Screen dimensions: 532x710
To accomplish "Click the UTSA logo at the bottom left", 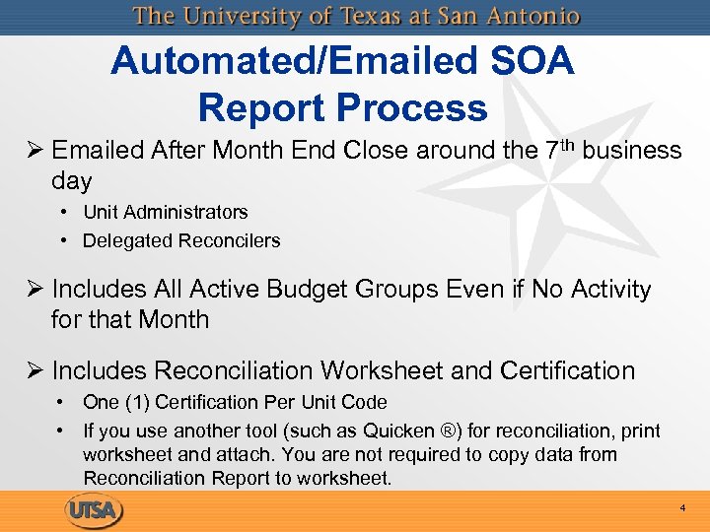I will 96,511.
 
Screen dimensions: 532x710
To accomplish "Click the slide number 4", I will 681,508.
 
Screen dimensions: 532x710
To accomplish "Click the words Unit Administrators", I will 165,212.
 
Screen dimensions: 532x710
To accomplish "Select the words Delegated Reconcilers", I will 181,240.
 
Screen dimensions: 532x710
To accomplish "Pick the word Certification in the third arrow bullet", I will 567,370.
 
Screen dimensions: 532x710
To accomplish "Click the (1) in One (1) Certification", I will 138,402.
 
